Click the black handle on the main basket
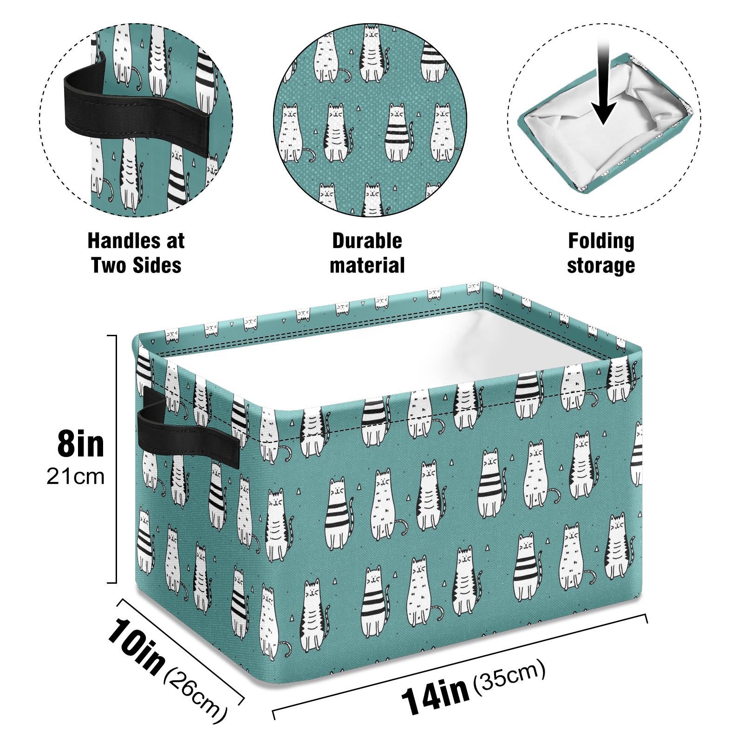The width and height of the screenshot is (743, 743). coord(188,427)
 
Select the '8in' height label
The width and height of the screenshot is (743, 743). coord(81,444)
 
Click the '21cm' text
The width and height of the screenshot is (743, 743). coord(76,477)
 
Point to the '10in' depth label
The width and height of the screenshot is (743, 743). coord(136,646)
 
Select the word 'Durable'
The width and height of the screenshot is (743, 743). coord(367,241)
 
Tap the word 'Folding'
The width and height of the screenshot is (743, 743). coord(601,241)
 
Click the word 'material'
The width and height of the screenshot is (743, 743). coord(367,265)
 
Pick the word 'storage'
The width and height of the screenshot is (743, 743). coord(601,266)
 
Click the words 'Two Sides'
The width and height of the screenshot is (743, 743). coord(136,265)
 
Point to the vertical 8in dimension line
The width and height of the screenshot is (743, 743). coord(115,459)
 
